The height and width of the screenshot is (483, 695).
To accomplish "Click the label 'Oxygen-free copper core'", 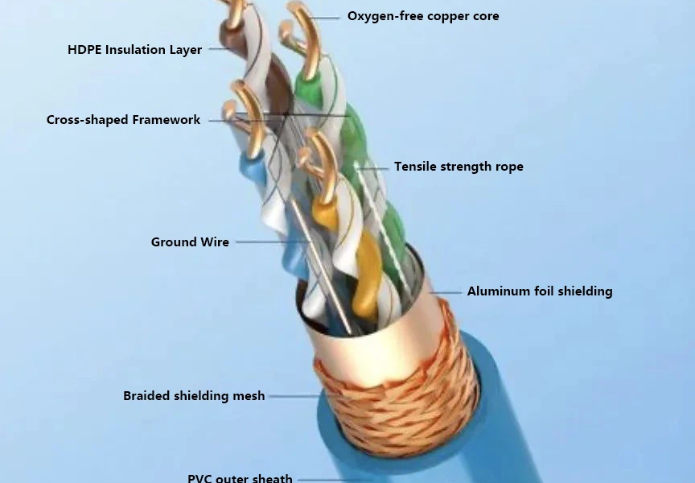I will coord(423,16).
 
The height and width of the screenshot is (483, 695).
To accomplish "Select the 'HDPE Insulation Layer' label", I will coord(134,50).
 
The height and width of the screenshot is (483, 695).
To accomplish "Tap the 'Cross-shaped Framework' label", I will coord(123,120).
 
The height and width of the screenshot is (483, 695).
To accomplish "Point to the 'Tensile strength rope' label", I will coord(459,167).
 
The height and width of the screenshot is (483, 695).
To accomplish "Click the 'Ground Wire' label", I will coord(190,242).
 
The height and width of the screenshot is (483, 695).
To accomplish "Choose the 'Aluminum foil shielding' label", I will coord(540,291).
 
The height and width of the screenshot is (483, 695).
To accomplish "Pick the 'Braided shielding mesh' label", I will coord(194,396).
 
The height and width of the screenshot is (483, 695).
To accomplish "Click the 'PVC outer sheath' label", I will coord(240,478).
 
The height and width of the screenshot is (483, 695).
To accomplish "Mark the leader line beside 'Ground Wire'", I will coord(269,242).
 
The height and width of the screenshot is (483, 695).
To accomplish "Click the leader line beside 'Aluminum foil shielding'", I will coord(446,291).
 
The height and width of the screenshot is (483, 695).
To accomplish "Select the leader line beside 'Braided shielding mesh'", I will coord(294,396).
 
